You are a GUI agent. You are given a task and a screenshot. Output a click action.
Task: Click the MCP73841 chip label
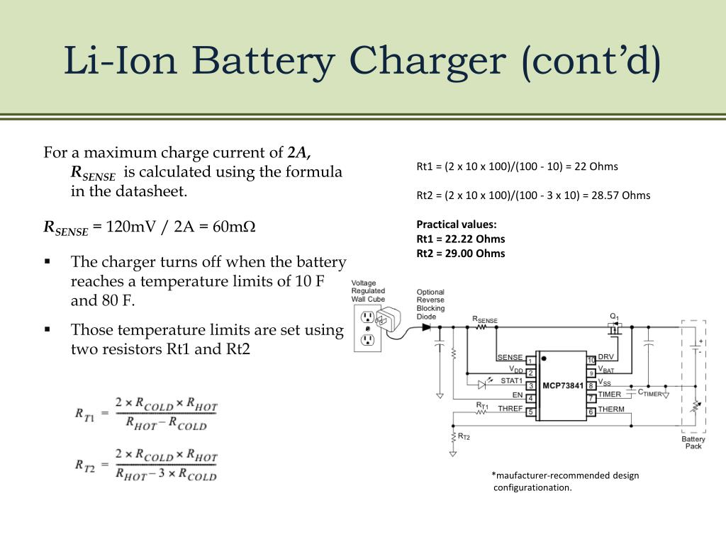(x=562, y=386)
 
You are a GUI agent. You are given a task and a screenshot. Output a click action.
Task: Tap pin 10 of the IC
(x=591, y=360)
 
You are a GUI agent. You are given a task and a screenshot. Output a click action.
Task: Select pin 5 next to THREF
(x=530, y=412)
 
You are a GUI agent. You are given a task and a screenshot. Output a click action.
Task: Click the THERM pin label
(x=610, y=409)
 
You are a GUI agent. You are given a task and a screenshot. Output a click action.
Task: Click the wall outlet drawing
(x=367, y=329)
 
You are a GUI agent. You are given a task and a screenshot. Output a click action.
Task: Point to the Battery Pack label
(x=693, y=443)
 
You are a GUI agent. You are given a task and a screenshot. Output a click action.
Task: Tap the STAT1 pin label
(x=511, y=381)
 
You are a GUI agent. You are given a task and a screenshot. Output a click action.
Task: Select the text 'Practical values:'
(x=457, y=225)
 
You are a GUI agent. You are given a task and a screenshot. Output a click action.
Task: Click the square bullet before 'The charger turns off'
(x=48, y=262)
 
